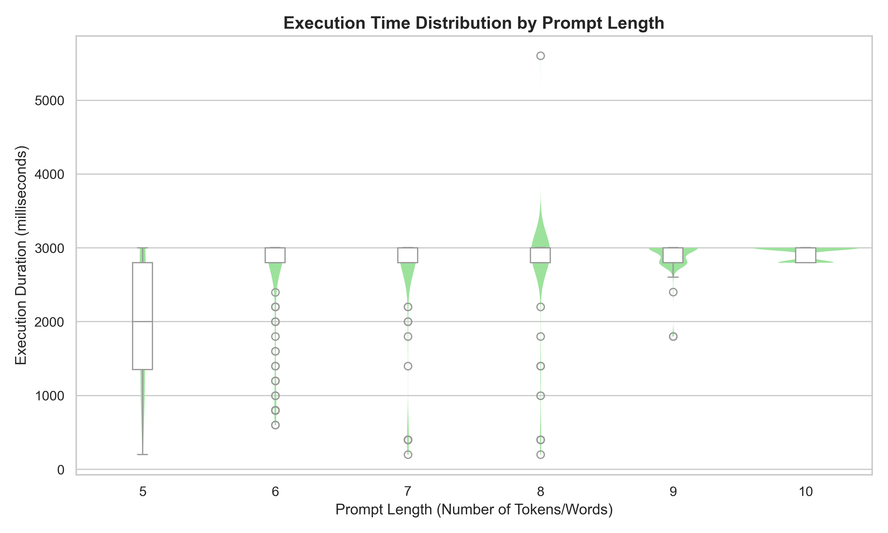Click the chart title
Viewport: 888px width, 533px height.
(x=474, y=23)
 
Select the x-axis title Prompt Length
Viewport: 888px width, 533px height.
(x=474, y=509)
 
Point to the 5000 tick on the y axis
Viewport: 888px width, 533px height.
(x=49, y=101)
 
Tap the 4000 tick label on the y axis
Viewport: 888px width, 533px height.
(x=49, y=174)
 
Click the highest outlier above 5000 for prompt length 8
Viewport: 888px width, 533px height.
(x=540, y=56)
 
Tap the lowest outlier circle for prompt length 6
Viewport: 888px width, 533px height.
(x=275, y=425)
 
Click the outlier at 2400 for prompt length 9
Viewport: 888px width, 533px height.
(x=673, y=292)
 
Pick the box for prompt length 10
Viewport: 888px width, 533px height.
(x=806, y=255)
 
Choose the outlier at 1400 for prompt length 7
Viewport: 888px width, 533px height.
(x=408, y=366)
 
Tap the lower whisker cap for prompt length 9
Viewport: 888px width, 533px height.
(x=673, y=277)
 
